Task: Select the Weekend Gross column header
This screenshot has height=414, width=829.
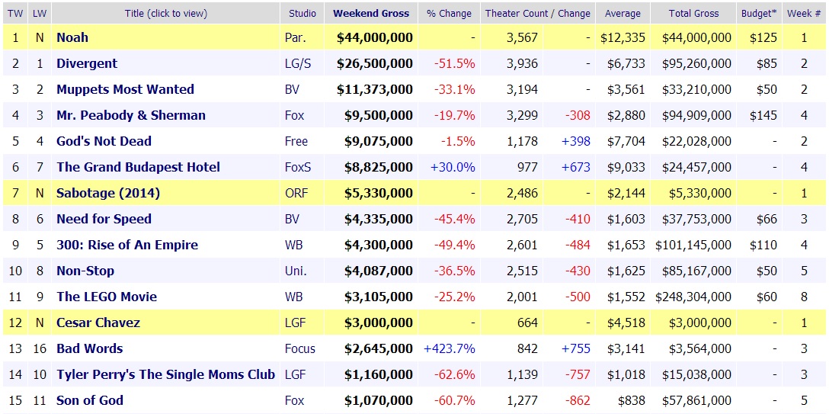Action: click(371, 13)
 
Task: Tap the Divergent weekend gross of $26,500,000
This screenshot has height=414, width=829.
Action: click(375, 63)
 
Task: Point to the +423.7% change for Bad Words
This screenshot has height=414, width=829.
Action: click(450, 348)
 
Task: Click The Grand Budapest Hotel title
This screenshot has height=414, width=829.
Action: click(138, 167)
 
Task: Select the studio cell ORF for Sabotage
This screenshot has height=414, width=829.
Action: click(296, 193)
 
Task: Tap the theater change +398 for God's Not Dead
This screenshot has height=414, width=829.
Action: click(575, 141)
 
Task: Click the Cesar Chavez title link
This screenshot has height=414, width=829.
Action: click(98, 323)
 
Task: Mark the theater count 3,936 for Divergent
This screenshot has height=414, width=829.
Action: click(522, 63)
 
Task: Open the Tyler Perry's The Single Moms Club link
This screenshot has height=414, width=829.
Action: click(165, 374)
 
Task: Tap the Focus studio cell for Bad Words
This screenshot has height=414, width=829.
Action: click(300, 348)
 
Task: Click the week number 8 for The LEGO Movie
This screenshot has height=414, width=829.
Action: click(804, 297)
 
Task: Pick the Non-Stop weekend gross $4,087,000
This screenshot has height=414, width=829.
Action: click(375, 271)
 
